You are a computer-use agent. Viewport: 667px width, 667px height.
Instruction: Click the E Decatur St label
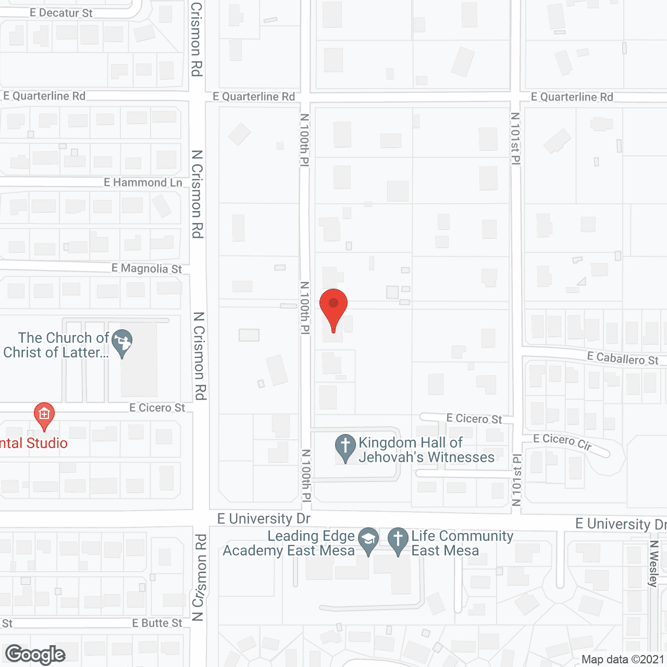pos(61,13)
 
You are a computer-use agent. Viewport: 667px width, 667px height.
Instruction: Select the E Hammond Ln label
pos(143,182)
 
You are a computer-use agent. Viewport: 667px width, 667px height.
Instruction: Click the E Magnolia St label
pos(146,268)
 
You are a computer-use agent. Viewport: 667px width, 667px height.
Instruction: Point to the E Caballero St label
pos(623,359)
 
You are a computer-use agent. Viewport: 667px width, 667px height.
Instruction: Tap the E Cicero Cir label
pos(562,441)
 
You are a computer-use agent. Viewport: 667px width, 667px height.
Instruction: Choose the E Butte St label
pos(157,623)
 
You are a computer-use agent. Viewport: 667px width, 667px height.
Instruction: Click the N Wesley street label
pos(654,564)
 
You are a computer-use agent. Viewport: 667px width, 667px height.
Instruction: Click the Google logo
pos(35,654)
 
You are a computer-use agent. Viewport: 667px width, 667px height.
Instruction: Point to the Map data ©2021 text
pos(623,660)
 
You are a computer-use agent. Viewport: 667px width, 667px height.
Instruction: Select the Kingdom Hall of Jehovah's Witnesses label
pos(426,450)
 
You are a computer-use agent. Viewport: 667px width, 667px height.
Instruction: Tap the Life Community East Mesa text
pos(462,543)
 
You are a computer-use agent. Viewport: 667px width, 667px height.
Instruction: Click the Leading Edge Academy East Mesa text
pos(289,543)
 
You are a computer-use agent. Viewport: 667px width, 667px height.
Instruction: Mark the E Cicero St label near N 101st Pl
pos(474,418)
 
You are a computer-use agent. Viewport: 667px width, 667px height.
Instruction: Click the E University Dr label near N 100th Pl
pos(264,518)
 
